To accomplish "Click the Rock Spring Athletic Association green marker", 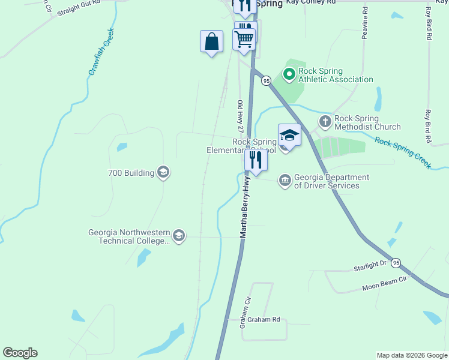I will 289,74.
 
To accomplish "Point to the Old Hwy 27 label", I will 240,116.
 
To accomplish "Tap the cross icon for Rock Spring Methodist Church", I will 325,122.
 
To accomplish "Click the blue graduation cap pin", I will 289,136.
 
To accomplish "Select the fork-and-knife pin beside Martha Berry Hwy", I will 256,160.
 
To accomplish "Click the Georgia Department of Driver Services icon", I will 285,180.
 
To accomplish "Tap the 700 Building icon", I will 163,173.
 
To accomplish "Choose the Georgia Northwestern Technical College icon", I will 178,236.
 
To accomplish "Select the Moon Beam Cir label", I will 384,284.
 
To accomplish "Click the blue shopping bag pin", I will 211,42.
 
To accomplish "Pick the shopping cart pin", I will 244,39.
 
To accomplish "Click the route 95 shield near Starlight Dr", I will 396,263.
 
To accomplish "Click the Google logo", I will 20,353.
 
